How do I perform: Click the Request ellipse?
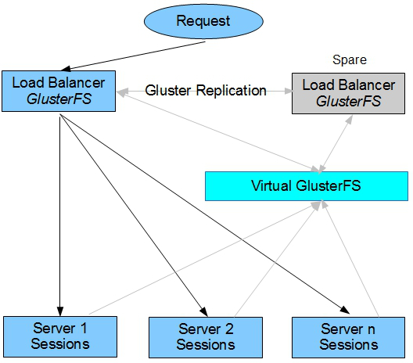203,21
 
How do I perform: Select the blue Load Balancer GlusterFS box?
59,91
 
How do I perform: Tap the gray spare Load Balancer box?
348,94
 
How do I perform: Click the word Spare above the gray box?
350,59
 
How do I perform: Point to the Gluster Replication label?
206,90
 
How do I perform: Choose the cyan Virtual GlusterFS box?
307,186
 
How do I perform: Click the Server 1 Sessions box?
60,336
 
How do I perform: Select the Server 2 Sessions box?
206,337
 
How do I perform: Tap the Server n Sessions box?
348,337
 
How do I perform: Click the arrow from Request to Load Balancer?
133,56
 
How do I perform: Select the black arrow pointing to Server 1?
60,215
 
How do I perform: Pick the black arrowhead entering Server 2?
204,311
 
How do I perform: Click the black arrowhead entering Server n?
344,310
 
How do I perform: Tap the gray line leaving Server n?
350,258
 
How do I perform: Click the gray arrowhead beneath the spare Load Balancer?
350,120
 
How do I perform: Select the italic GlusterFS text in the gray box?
348,102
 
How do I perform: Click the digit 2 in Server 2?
229,329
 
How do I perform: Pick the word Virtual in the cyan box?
272,185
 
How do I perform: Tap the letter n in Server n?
372,330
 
